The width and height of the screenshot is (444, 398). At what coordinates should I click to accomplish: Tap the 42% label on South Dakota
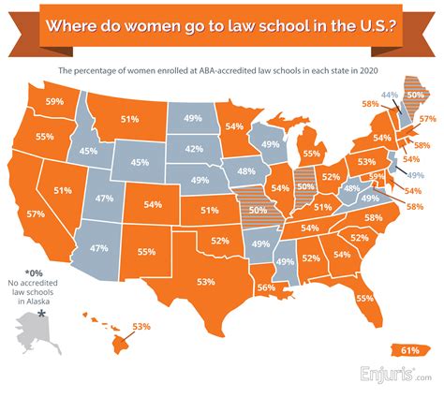[x=194, y=149]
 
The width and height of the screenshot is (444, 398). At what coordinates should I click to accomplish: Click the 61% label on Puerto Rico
[x=409, y=350]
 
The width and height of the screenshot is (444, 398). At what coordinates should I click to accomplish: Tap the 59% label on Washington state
[x=54, y=101]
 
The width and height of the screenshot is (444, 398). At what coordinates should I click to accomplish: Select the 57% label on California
[x=36, y=214]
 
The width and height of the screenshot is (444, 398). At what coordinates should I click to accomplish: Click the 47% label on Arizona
[x=96, y=249]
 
